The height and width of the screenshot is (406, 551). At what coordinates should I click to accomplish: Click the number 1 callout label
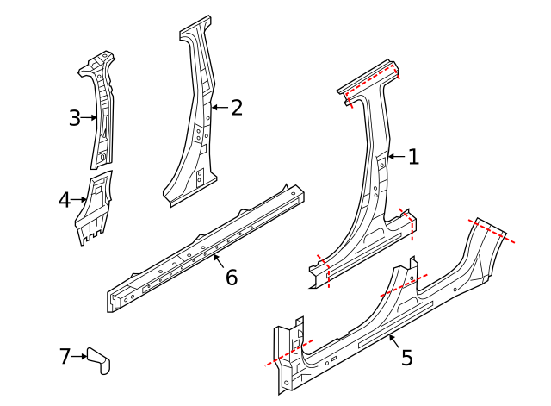tap(413, 157)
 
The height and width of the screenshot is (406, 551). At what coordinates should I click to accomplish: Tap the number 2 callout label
tap(237, 108)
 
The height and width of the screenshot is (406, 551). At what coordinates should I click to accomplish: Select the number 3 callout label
tap(75, 118)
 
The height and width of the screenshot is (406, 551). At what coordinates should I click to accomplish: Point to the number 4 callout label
tap(65, 200)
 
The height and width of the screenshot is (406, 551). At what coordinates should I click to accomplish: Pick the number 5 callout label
tap(407, 357)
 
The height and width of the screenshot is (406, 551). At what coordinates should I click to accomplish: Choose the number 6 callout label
tap(231, 278)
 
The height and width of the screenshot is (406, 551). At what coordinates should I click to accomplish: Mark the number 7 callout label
tap(65, 355)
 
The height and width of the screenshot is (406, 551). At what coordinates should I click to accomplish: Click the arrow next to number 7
tap(78, 355)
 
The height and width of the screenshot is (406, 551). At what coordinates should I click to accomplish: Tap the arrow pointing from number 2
tap(219, 108)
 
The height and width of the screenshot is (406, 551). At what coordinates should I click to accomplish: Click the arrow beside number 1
tap(396, 157)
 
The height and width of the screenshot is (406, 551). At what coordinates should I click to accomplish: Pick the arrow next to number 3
tap(89, 118)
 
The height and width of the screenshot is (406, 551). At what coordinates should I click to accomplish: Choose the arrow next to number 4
tap(79, 200)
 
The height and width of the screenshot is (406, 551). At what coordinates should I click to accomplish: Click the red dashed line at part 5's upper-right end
tap(492, 231)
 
